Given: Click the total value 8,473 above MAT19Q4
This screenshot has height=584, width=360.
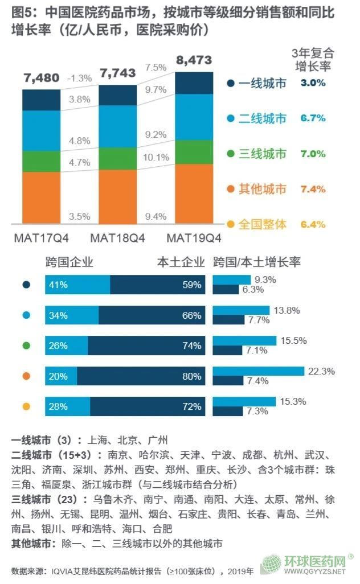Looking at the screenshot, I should coord(194,60).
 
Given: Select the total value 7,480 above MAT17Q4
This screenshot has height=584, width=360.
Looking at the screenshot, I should coord(41,77).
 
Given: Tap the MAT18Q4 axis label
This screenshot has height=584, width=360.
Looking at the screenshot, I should coord(117,237).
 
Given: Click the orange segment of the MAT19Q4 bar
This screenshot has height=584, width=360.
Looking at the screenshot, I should coord(194,194).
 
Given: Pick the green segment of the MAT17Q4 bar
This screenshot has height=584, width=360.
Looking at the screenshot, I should coord(41,161).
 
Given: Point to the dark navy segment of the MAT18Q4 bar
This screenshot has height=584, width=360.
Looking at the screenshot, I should coord(118,94).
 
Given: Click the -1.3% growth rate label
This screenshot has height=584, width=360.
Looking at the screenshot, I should coord(80,78).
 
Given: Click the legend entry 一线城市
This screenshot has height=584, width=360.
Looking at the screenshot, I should coord(261,83).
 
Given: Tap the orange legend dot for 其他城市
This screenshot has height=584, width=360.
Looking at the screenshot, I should coord(231,189).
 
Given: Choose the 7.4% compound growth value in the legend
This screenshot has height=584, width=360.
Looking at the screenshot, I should coord(313,189).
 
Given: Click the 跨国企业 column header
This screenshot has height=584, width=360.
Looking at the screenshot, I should coord(69,262).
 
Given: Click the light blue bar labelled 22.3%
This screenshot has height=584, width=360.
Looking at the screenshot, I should coord(258,371).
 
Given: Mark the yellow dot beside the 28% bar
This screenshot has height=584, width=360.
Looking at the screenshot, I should coord(25,406).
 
